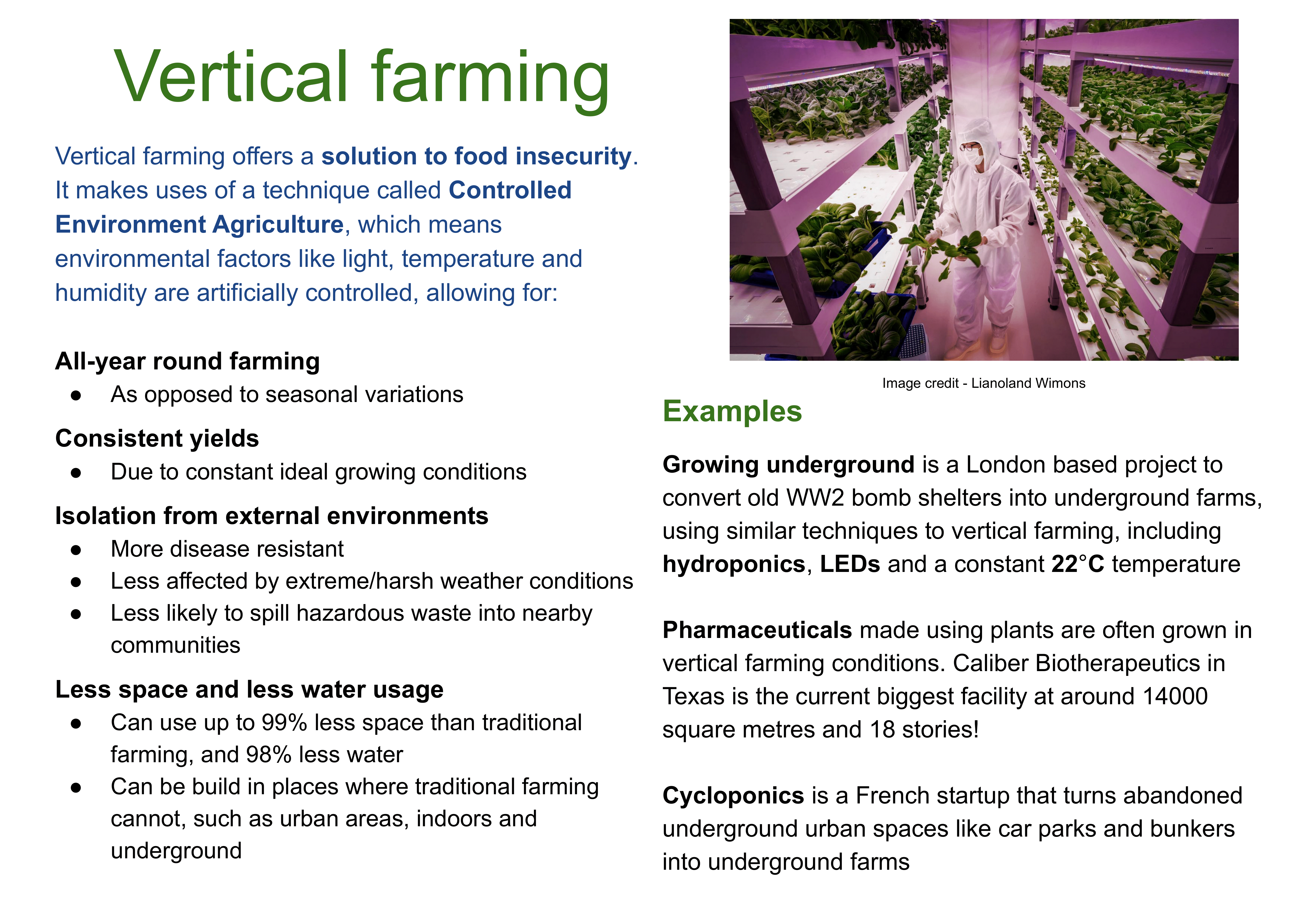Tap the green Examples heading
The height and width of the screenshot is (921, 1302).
click(732, 411)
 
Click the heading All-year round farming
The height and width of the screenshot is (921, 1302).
click(188, 361)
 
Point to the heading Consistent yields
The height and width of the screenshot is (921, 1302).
click(157, 438)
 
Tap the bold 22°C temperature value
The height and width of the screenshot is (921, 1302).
click(1078, 564)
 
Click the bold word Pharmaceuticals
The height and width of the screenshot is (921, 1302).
click(757, 630)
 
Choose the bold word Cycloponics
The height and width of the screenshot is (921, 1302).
click(733, 796)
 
